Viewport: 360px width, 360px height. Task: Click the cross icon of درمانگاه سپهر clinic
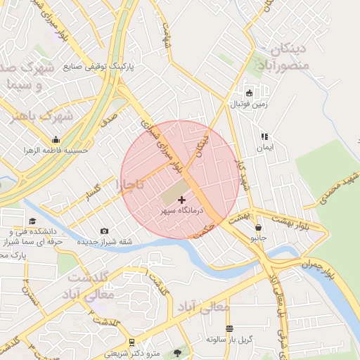[182, 200]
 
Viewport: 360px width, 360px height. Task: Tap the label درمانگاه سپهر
[182, 210]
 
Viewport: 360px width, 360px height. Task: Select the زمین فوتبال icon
[249, 93]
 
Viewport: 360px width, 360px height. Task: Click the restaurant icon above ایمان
[264, 137]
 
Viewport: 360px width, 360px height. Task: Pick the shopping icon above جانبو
[259, 228]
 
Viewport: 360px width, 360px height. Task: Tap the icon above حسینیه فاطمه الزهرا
[56, 139]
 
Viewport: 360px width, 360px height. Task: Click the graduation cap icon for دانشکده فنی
[32, 221]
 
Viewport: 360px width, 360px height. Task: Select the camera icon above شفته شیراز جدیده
[105, 231]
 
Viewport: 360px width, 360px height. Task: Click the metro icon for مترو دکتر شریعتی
[131, 342]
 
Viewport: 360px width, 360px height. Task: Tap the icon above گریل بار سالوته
[229, 328]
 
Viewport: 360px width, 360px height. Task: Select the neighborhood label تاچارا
[129, 185]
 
